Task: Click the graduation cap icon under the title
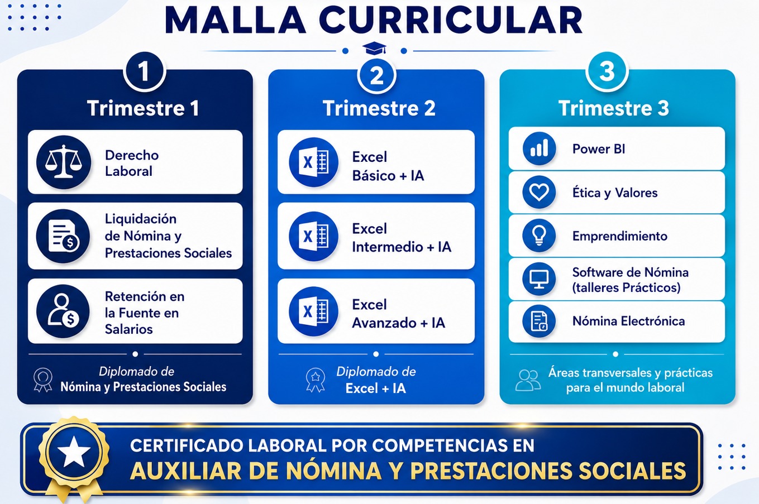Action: (374, 49)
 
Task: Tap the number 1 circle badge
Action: (144, 71)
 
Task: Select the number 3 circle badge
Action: (607, 71)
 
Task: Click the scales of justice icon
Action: (64, 162)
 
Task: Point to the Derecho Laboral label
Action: (132, 163)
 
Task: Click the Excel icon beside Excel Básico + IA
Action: (313, 162)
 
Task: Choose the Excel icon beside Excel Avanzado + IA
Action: (313, 311)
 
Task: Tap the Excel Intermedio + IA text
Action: (402, 238)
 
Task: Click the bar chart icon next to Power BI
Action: (539, 148)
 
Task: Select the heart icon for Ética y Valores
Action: (539, 192)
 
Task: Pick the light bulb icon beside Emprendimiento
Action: (539, 236)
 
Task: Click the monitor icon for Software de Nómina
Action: (539, 279)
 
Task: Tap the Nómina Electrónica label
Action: (628, 321)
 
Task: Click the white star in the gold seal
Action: (74, 452)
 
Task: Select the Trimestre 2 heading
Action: (379, 108)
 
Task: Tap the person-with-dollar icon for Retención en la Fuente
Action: (63, 311)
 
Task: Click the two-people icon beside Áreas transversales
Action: (528, 380)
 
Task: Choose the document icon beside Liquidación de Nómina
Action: (63, 236)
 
